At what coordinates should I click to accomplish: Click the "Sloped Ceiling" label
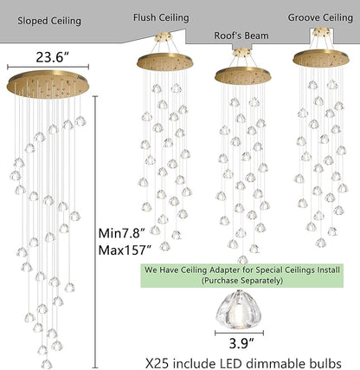(x=49, y=21)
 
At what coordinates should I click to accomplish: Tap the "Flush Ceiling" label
(x=161, y=17)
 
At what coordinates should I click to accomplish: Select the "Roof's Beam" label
(x=241, y=36)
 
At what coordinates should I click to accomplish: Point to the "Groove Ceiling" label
(x=320, y=17)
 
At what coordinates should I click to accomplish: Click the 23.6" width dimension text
(x=52, y=57)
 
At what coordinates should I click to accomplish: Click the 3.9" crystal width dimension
(x=241, y=344)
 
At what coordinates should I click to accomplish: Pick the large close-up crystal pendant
(x=239, y=309)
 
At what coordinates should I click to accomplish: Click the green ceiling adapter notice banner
(x=241, y=276)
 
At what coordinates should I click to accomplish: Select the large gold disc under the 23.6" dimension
(x=48, y=84)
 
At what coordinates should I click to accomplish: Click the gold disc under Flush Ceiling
(x=164, y=62)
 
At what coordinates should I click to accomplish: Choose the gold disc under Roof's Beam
(x=243, y=75)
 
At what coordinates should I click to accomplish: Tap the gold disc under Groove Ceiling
(x=321, y=59)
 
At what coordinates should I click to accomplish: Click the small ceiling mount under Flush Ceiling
(x=164, y=37)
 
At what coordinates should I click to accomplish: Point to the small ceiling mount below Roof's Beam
(x=241, y=52)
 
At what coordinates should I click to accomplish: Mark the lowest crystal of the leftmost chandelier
(x=47, y=364)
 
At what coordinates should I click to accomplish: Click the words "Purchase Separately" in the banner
(x=241, y=281)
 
